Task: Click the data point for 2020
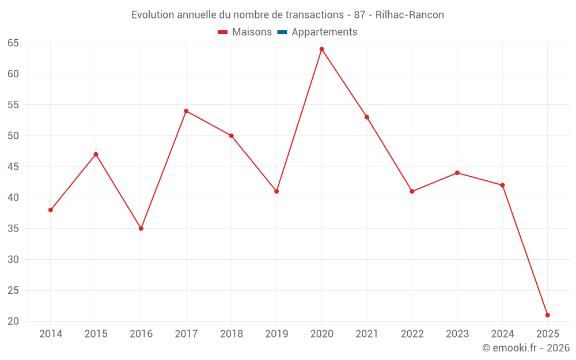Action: pos(321,49)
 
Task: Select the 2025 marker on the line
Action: pos(547,315)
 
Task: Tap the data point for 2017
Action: pos(186,111)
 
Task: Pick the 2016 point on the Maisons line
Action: pos(141,229)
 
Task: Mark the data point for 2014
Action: pos(51,210)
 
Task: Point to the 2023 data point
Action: pos(457,173)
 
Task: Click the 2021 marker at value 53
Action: pos(367,117)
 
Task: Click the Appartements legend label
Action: pos(324,32)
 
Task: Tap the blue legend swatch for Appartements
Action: pos(282,32)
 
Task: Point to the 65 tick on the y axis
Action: pos(13,43)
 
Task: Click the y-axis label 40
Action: pos(13,198)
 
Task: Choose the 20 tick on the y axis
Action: pos(13,321)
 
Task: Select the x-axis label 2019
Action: pos(276,334)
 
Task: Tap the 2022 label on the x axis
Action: pos(412,334)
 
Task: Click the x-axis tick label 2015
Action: pos(96,334)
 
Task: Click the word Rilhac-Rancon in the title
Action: pos(410,15)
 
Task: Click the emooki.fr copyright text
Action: pos(526,348)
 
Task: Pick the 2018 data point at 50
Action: pos(231,136)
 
